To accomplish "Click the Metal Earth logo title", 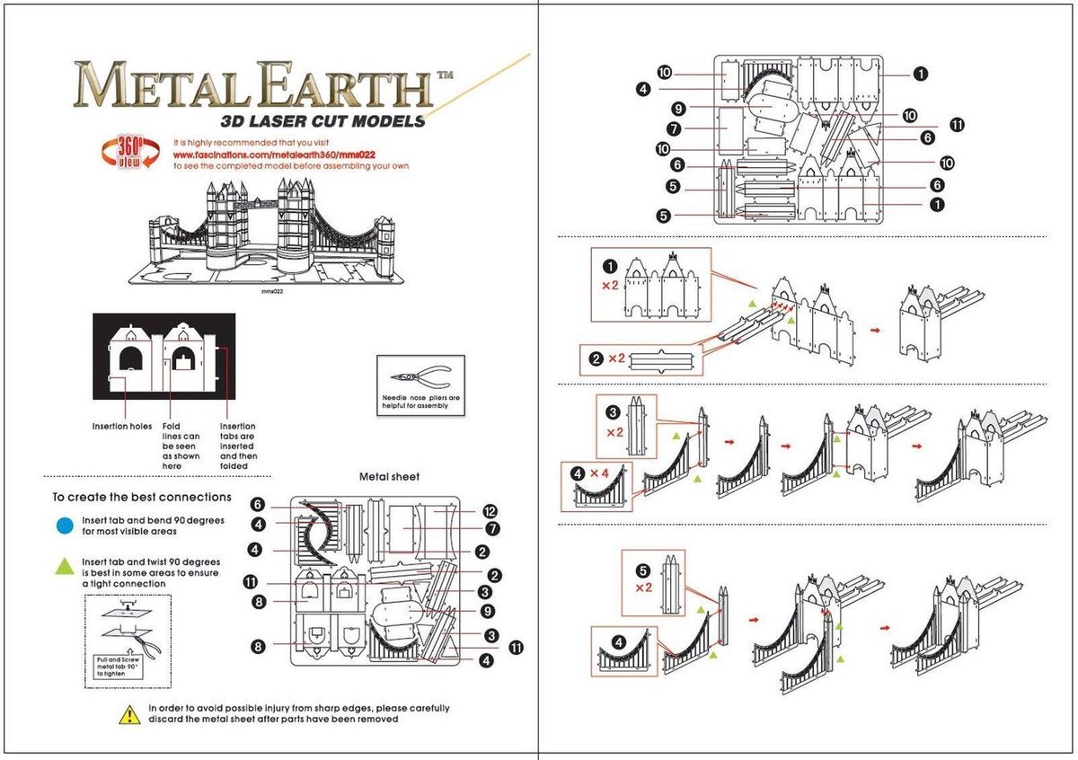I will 252,86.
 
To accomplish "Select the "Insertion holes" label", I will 121,426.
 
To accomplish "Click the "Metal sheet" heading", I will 389,476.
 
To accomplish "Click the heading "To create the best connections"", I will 141,497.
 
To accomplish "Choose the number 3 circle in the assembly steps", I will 613,412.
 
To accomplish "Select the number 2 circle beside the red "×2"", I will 595,358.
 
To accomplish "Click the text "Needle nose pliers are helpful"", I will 420,401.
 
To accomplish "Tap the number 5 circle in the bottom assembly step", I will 641,569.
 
